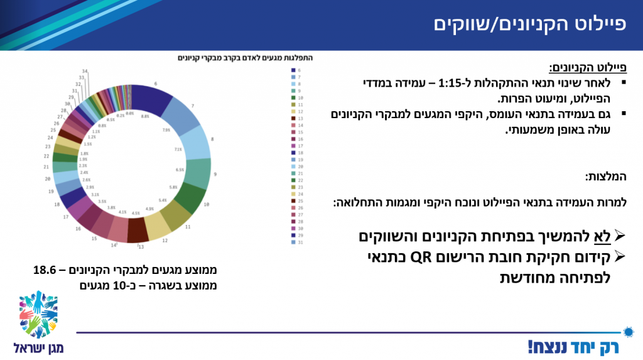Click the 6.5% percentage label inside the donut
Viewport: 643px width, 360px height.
(180, 170)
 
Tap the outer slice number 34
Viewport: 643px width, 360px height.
(85, 72)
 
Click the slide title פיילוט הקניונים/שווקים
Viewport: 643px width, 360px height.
(531, 25)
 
